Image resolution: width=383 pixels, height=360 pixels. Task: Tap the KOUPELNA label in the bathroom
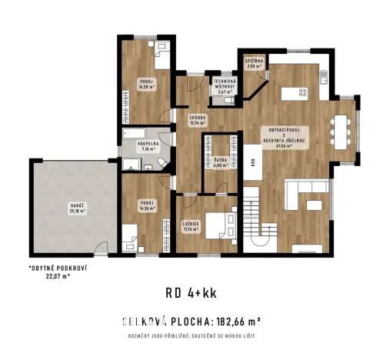pos(148,145)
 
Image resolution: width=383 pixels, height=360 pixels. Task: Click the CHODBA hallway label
pos(199,120)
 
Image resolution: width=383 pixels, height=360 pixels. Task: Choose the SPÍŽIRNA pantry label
pos(254,64)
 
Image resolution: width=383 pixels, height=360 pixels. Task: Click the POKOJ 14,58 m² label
pos(146,84)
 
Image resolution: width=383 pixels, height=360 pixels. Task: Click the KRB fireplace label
pos(252,162)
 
